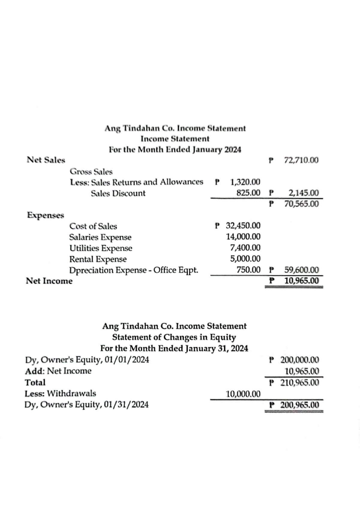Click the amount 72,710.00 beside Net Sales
tap(301, 160)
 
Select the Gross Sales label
tap(91, 172)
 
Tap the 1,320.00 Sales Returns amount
tap(245, 182)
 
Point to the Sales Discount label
tap(118, 193)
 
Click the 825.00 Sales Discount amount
tap(248, 193)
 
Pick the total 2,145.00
tap(303, 193)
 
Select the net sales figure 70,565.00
tap(301, 204)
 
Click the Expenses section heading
tap(46, 215)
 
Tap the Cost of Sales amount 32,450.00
tap(243, 225)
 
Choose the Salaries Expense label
tap(100, 237)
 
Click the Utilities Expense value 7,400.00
tap(245, 248)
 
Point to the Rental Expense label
tap(98, 259)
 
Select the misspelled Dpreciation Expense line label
tap(133, 270)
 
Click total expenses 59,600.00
tap(301, 270)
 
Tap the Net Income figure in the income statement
tap(301, 281)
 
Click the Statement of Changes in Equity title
tap(174, 337)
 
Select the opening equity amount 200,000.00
tap(299, 360)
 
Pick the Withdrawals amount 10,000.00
tap(243, 394)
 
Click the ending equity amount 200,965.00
tap(299, 405)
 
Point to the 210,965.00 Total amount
tap(299, 382)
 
